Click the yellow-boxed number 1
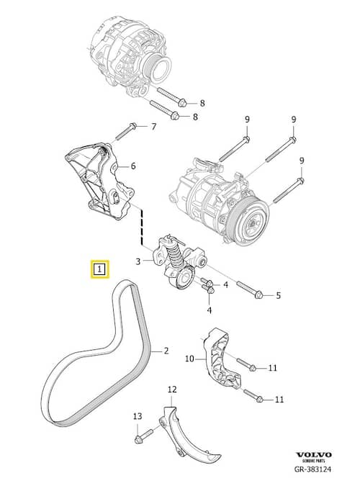[x=99, y=270]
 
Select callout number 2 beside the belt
[x=166, y=351]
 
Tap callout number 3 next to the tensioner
[x=138, y=261]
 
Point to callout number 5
[x=278, y=295]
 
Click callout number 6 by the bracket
[x=133, y=166]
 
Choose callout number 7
[x=153, y=127]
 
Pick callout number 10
[x=190, y=358]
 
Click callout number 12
[x=172, y=390]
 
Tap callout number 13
[x=138, y=416]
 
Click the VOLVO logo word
[x=313, y=454]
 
